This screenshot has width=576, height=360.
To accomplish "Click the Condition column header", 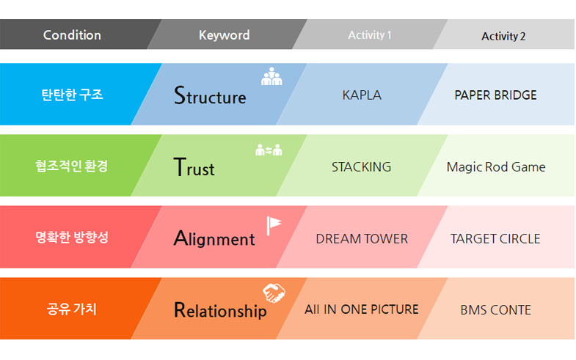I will (x=72, y=35).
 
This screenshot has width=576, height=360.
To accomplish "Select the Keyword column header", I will (x=224, y=35).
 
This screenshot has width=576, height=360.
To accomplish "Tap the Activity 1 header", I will (x=370, y=35).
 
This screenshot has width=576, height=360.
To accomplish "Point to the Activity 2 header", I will (x=503, y=36).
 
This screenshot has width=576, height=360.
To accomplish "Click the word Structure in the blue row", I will (x=210, y=96).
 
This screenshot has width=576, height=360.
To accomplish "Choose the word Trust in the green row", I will (x=194, y=168).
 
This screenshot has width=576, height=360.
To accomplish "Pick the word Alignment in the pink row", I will (x=214, y=238).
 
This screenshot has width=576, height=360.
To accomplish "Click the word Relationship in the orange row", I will (x=220, y=310).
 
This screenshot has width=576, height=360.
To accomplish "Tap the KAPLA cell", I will (x=362, y=95).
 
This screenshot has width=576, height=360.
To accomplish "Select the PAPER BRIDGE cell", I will (x=495, y=95).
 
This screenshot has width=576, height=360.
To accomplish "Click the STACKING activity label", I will (x=361, y=167).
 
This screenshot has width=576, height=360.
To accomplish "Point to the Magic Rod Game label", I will (x=496, y=167).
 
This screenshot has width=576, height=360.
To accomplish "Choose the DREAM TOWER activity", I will (x=362, y=239).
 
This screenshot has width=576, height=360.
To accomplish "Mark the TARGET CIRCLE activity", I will (x=495, y=239).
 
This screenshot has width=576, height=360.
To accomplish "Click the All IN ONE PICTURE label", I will (x=362, y=309).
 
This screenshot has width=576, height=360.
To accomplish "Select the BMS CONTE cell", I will (x=495, y=310).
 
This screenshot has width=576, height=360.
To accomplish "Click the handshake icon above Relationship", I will (x=274, y=293).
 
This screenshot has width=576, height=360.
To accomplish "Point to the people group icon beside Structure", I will (x=271, y=76).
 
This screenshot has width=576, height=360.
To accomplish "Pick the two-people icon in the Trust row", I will (x=269, y=150).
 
